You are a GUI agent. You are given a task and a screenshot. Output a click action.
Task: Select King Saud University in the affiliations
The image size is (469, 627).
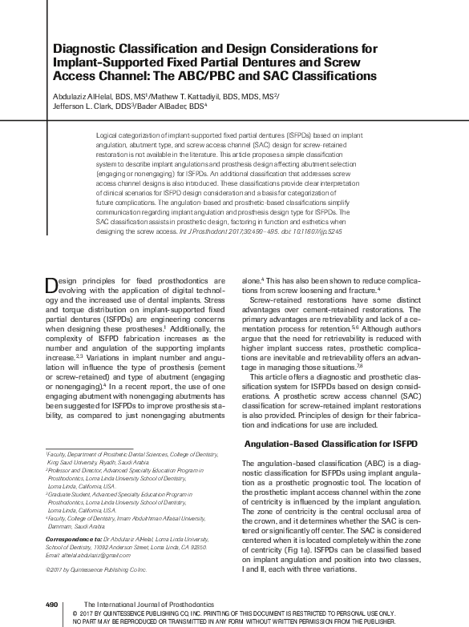(x=71, y=461)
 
